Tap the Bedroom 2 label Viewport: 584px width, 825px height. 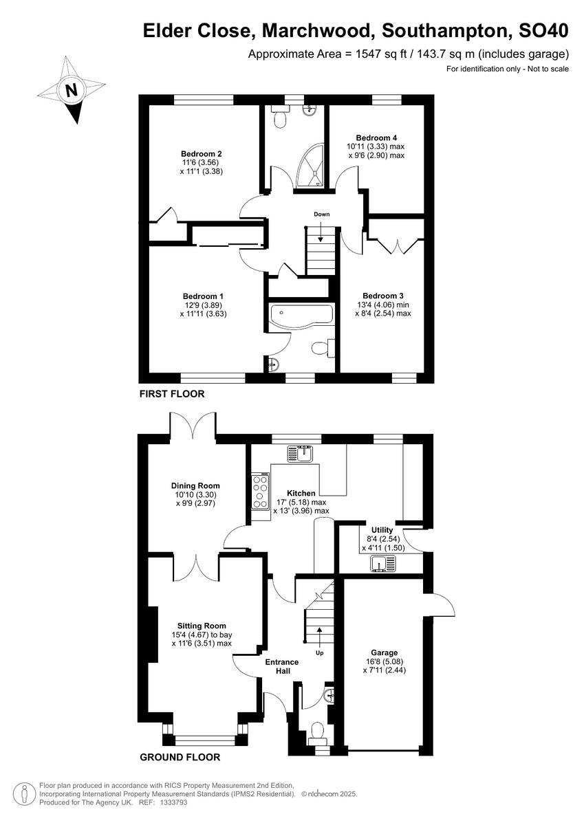[202, 153]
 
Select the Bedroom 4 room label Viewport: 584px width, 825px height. [375, 137]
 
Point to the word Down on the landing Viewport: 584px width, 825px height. [322, 214]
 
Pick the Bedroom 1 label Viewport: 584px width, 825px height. [202, 296]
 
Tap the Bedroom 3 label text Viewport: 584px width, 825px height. [383, 296]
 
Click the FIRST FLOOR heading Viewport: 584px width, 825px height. [172, 394]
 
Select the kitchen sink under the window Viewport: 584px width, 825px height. [301, 454]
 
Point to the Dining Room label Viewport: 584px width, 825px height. [196, 486]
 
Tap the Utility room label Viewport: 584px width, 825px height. [382, 530]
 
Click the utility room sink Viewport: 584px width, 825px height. [383, 564]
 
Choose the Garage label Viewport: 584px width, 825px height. [385, 652]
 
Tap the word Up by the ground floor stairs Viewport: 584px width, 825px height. [319, 652]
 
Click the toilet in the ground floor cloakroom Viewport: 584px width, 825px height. [317, 731]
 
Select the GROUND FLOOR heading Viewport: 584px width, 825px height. [180, 758]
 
